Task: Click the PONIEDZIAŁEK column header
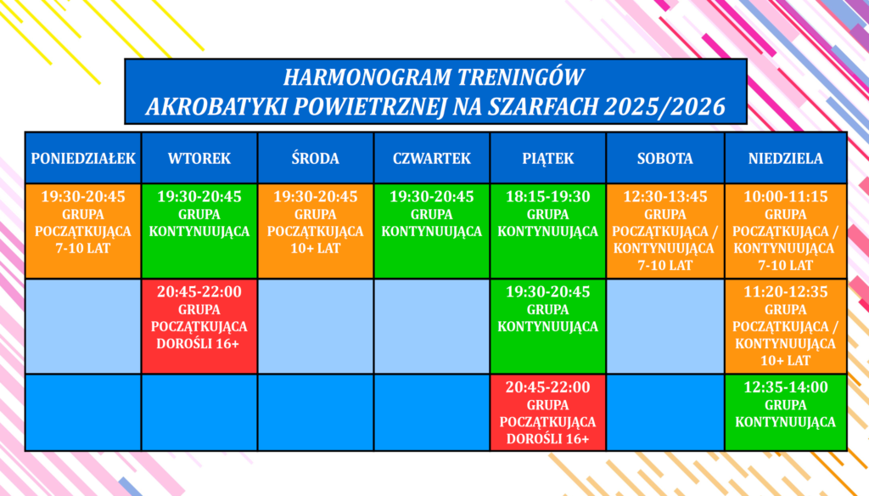(83, 158)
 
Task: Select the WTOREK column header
(199, 158)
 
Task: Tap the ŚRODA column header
(316, 158)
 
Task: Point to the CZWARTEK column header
(432, 158)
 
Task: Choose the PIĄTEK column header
(548, 158)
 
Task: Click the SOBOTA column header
(665, 158)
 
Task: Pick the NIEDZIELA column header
(786, 158)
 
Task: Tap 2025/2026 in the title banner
(664, 106)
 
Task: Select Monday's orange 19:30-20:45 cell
(83, 231)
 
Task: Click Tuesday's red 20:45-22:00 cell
(199, 326)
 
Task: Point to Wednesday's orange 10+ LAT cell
(316, 231)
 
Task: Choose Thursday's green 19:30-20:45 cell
(432, 231)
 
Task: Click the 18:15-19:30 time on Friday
(548, 196)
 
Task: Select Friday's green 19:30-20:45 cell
(548, 326)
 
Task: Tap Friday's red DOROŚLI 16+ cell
(548, 412)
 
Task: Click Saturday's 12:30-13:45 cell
(665, 231)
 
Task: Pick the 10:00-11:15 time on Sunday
(786, 196)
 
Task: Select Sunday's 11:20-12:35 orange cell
(786, 326)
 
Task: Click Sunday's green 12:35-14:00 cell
(786, 412)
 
